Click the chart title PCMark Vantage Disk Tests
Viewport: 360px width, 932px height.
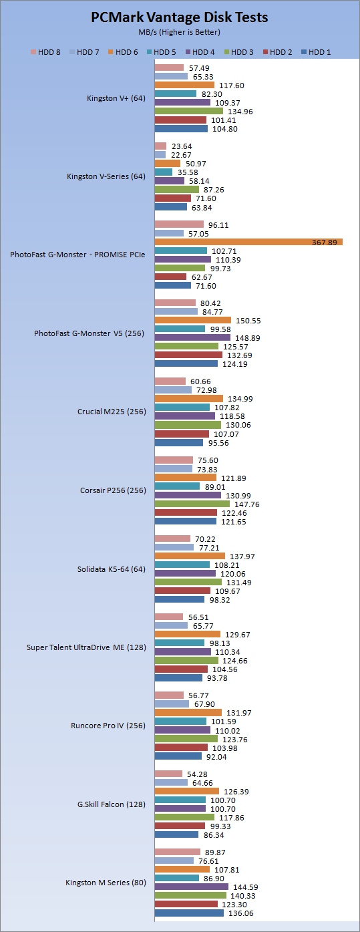[x=180, y=17]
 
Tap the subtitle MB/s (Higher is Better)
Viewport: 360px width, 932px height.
[x=180, y=32]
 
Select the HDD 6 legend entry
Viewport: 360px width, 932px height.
[x=123, y=52]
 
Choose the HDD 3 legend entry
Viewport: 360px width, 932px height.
[x=238, y=52]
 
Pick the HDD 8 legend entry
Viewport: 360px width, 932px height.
[x=45, y=52]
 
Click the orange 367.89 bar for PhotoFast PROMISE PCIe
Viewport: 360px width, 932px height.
[x=248, y=242]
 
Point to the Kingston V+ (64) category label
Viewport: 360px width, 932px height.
[x=116, y=98]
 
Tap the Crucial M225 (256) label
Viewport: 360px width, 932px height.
[x=112, y=412]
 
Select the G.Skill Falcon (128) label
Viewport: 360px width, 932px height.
[x=112, y=804]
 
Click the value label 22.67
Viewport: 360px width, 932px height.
[x=182, y=155]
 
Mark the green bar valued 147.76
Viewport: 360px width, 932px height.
[x=192, y=504]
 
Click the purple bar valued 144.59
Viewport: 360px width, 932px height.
[x=192, y=887]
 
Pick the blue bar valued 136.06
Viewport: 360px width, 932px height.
[x=190, y=913]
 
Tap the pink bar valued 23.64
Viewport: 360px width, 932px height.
[x=161, y=146]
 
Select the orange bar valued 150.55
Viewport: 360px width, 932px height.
[x=193, y=320]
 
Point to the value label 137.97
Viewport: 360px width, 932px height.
[x=242, y=557]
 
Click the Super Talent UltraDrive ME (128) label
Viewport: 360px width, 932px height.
[x=86, y=647]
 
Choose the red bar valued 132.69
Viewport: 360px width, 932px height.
[x=188, y=355]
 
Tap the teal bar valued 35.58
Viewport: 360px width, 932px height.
[x=164, y=172]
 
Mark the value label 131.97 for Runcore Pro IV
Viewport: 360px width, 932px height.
[x=239, y=713]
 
